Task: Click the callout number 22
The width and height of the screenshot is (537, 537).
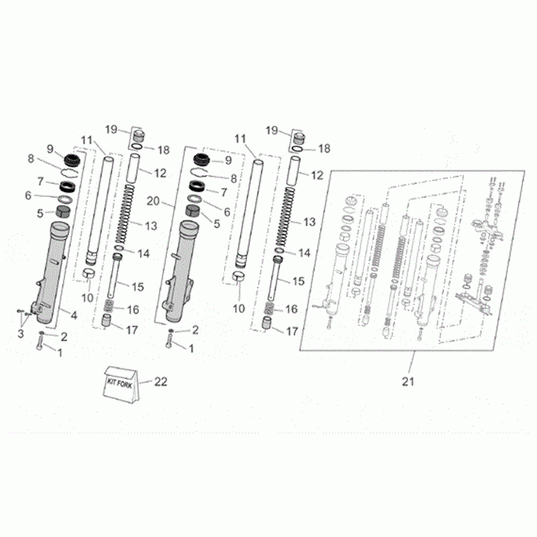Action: click(x=160, y=381)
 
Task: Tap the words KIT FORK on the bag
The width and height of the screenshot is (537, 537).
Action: click(x=120, y=384)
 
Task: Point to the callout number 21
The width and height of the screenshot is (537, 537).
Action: click(x=408, y=381)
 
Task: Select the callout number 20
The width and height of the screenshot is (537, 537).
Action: click(x=153, y=201)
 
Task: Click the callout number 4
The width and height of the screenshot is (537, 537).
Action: click(x=74, y=315)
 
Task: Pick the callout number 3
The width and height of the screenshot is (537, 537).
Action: click(x=21, y=333)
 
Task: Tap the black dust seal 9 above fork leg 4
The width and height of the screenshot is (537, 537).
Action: click(x=72, y=160)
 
